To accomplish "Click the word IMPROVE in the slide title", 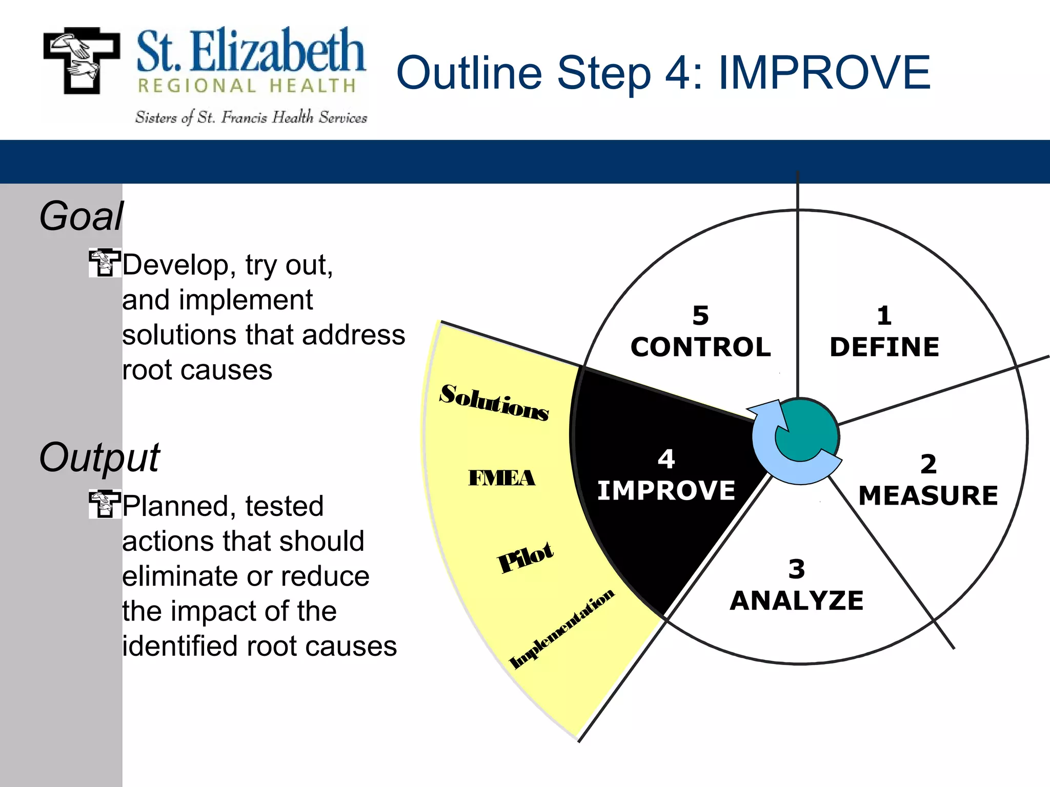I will pos(824,73).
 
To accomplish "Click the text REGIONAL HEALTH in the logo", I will pos(247,86).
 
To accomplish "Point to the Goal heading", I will pos(82,216).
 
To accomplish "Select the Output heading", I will pos(99,457).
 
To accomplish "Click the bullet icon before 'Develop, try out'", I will pos(105,263).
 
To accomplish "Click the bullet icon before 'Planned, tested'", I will pos(105,504).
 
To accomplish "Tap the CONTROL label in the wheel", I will pos(700,347).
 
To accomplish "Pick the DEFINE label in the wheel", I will pos(884,347).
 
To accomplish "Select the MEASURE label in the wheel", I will pos(928,496).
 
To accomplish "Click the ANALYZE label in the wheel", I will pos(797,600).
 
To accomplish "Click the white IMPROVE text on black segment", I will pos(666,490).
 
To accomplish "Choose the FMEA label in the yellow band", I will pos(501,478).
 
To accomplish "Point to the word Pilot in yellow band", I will pos(526,557).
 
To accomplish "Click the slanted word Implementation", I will pos(561,629).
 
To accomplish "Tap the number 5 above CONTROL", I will pos(700,316).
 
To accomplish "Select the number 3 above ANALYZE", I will pos(797,569).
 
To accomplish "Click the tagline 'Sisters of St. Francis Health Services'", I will pos(251,118).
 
